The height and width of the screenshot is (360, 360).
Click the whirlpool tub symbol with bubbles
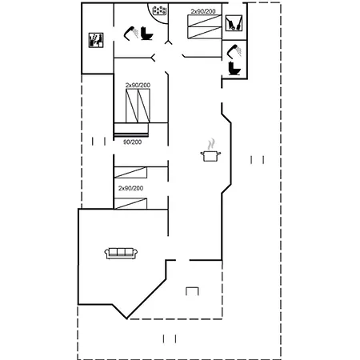(159, 10)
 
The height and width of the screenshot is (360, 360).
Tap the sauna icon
(96, 40)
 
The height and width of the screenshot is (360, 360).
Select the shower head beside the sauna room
(130, 34)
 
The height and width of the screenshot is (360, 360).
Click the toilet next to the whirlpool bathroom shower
(146, 34)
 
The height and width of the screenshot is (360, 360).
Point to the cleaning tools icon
(234, 23)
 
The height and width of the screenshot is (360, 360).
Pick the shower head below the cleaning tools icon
(234, 51)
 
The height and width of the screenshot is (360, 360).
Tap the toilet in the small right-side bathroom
(234, 68)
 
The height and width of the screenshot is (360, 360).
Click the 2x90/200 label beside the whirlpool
(203, 11)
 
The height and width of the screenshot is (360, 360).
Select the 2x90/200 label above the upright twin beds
(138, 85)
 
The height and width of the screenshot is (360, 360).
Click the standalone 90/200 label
(132, 142)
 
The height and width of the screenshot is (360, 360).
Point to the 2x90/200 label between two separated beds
(130, 188)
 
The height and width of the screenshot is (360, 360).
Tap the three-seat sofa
(121, 254)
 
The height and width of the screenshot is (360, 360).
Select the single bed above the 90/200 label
(131, 130)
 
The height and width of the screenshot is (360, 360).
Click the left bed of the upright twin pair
(132, 106)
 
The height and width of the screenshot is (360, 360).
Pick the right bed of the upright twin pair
(144, 106)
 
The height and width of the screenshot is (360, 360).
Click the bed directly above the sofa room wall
(130, 204)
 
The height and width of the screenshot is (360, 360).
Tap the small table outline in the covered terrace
(192, 291)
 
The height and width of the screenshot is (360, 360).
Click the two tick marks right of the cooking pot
(258, 160)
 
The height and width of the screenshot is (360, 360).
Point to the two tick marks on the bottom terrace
(170, 339)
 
